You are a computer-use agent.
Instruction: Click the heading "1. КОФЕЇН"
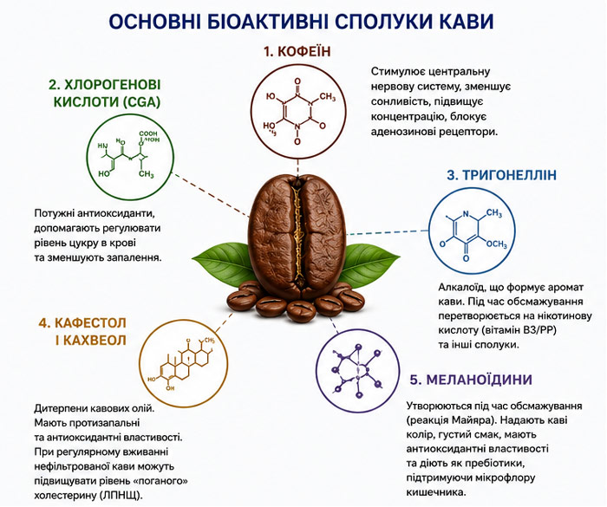click(x=297, y=51)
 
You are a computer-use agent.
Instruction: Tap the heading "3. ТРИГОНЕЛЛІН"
click(x=502, y=175)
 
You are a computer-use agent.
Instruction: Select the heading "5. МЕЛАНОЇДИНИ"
click(x=471, y=380)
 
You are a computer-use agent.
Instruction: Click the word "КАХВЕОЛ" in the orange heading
click(x=95, y=341)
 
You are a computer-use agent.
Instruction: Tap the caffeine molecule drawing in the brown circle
click(x=297, y=111)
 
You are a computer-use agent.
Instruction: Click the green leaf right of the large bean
click(x=371, y=261)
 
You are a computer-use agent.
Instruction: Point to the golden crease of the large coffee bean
click(x=297, y=233)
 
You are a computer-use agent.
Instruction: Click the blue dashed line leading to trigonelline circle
click(x=387, y=233)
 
